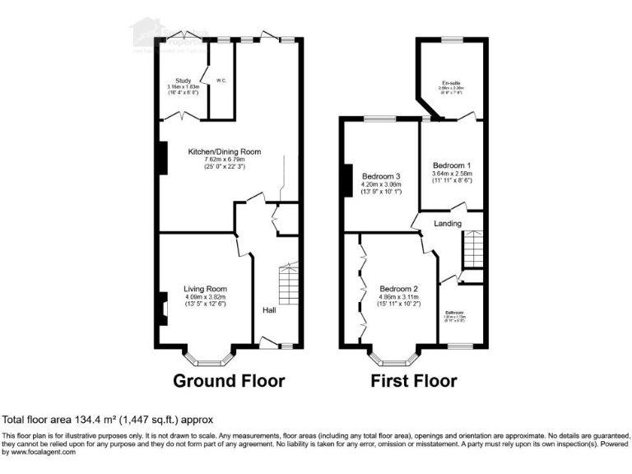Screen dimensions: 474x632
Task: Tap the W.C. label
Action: pyautogui.click(x=221, y=80)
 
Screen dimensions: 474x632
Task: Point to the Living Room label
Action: pyautogui.click(x=205, y=289)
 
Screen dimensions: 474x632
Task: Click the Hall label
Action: pyautogui.click(x=269, y=310)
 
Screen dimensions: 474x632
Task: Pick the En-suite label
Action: pyautogui.click(x=450, y=82)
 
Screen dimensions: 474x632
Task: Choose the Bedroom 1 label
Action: pyautogui.click(x=452, y=165)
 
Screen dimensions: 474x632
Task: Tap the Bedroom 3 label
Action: pyautogui.click(x=381, y=176)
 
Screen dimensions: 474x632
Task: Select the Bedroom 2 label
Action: pyautogui.click(x=400, y=289)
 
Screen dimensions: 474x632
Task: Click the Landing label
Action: pyautogui.click(x=448, y=223)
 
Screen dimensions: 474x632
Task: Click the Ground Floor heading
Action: pyautogui.click(x=229, y=381)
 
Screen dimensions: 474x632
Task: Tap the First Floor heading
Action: pyautogui.click(x=413, y=381)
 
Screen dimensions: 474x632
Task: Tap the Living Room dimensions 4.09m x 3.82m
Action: pyautogui.click(x=205, y=297)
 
